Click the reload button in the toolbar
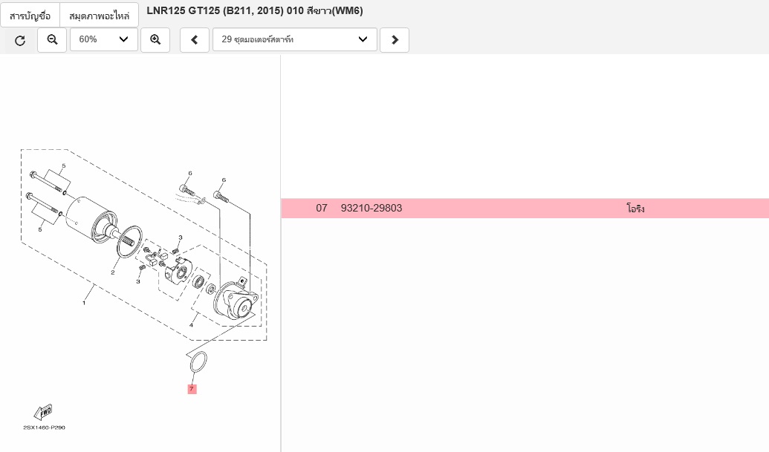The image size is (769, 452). pos(20,40)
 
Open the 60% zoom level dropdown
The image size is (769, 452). pos(104,39)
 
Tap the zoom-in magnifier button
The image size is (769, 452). pos(155,39)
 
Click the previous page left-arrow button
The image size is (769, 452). pos(195,39)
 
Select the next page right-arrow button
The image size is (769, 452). pos(395,39)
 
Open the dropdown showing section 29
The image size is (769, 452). pos(295,39)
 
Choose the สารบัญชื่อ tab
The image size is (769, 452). pos(30,16)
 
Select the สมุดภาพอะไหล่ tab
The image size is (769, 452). pos(99,16)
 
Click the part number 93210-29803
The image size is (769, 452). pos(371,208)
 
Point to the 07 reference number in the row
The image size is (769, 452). pos(322,208)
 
